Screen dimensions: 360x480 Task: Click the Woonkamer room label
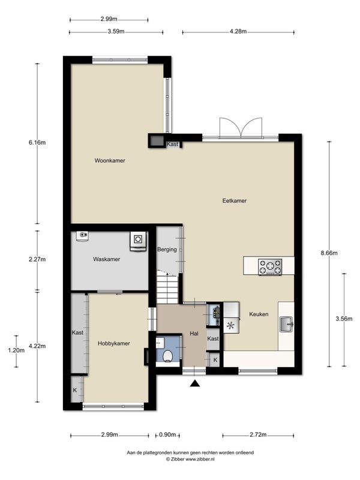(x=110, y=160)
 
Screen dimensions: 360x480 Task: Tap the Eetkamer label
(x=235, y=201)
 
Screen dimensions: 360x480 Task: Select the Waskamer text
(x=107, y=259)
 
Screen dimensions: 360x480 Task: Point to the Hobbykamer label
(x=114, y=343)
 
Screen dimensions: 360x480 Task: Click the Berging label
(x=167, y=250)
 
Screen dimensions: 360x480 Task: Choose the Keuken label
(x=259, y=314)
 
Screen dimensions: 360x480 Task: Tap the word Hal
(x=194, y=334)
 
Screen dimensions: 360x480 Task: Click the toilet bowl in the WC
(x=167, y=356)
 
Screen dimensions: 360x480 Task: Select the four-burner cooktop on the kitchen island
(x=270, y=266)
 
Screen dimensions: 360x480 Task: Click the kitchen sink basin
(x=287, y=324)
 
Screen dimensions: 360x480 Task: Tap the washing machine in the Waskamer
(x=138, y=241)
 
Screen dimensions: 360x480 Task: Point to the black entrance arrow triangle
(x=194, y=383)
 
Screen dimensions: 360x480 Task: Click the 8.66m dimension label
(x=329, y=253)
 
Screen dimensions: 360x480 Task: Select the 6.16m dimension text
(x=37, y=142)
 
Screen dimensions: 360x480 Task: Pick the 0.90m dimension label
(x=168, y=434)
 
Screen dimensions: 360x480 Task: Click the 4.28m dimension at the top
(x=238, y=31)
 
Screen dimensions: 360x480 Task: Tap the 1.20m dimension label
(x=16, y=350)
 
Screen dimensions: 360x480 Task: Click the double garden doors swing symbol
(x=241, y=127)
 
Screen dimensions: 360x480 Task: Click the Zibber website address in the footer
(x=200, y=459)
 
